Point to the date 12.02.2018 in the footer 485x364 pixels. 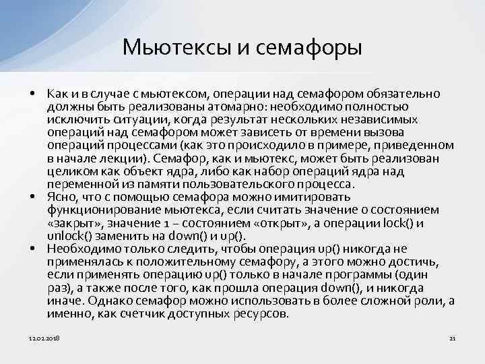pos(44,337)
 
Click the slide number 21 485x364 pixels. pos(452,337)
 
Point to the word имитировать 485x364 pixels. pos(317,198)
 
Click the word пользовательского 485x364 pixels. pos(236,185)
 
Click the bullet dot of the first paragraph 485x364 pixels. pos(32,92)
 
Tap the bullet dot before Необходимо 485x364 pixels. pos(32,248)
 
